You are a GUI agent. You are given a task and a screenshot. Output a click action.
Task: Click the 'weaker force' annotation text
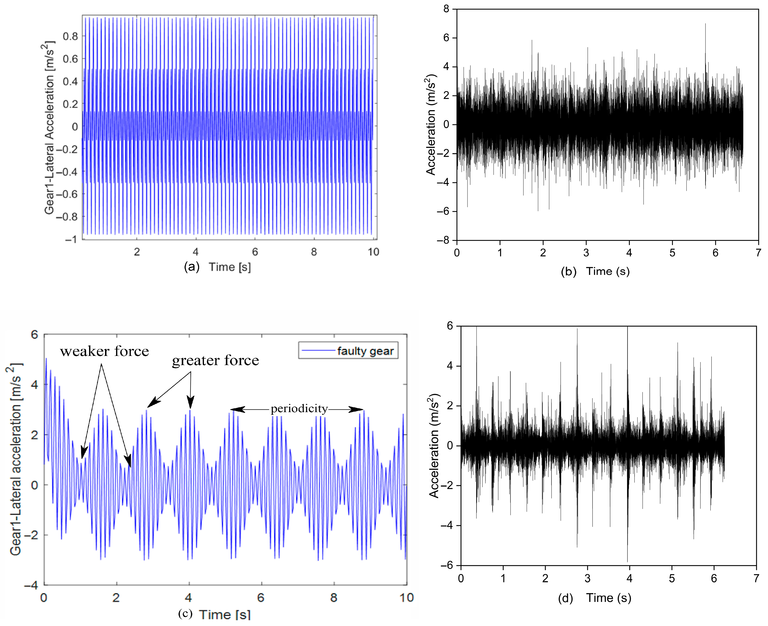pos(104,352)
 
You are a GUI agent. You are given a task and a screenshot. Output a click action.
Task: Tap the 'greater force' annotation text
pos(216,361)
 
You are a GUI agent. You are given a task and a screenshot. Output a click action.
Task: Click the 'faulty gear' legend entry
pos(365,351)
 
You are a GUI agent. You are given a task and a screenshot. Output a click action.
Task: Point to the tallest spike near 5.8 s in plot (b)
pos(705,25)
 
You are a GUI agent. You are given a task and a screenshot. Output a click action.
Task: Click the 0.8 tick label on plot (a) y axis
pos(70,36)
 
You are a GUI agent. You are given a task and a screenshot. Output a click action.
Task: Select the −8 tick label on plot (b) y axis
pos(443,240)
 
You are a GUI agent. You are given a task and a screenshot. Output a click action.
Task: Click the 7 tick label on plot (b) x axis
pos(758,253)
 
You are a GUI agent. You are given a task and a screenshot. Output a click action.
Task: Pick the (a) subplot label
pos(192,267)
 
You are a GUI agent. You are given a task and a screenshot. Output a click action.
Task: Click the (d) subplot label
pos(566,598)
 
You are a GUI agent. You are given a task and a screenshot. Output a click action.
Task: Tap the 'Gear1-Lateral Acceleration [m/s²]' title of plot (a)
pos(49,128)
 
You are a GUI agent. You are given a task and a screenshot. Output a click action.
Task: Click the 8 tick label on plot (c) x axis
pos(334,598)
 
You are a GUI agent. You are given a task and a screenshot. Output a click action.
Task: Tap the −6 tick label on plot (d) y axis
pos(447,565)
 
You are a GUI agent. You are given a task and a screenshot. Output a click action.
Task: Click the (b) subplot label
pos(568,272)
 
